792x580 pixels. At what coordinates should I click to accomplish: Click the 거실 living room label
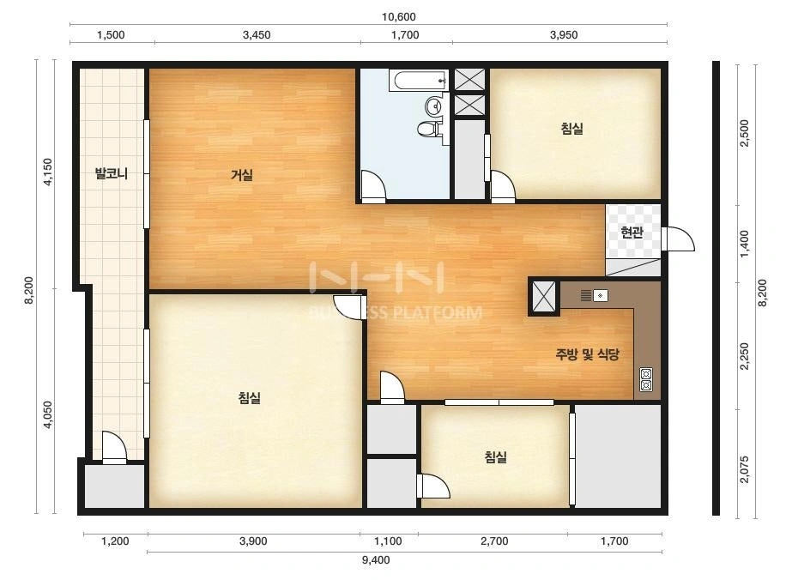[x=242, y=175]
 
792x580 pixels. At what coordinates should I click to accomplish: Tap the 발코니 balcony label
[x=112, y=174]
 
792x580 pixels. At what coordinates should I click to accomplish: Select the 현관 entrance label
[x=632, y=233]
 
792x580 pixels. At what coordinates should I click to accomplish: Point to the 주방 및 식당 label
[x=587, y=354]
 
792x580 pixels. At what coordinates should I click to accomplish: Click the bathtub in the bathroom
[x=419, y=80]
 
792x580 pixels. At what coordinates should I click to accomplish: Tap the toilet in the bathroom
[x=428, y=130]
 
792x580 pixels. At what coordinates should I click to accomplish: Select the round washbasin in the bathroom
[x=434, y=106]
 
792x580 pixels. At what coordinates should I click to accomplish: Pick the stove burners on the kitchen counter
[x=646, y=379]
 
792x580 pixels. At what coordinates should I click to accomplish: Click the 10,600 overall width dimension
[x=398, y=16]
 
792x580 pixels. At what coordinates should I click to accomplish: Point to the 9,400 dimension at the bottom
[x=376, y=559]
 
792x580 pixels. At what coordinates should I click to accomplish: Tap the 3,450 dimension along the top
[x=257, y=35]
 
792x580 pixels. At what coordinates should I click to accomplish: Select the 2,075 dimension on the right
[x=744, y=469]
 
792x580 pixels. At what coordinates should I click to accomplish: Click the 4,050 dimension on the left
[x=47, y=414]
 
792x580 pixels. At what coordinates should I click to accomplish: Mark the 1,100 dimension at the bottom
[x=388, y=541]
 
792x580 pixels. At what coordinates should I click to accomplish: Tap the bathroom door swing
[x=373, y=184]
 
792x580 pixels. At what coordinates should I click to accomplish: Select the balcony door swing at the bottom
[x=114, y=445]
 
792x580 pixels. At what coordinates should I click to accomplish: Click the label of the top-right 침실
[x=571, y=129]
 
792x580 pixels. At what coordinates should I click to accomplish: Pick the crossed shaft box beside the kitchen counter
[x=544, y=296]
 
